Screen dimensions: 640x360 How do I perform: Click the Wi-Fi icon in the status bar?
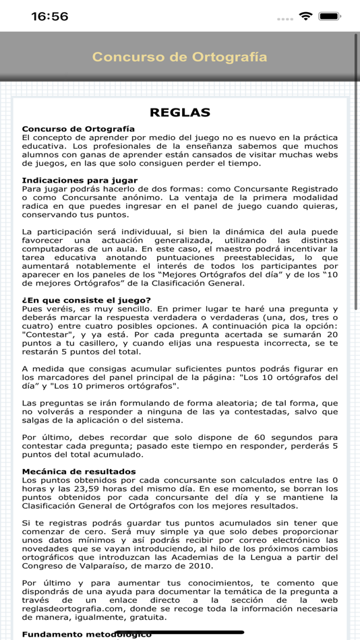click(306, 16)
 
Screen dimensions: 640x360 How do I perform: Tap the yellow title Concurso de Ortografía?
click(179, 57)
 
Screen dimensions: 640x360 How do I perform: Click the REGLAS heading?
click(179, 113)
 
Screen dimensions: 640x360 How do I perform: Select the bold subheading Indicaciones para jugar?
click(80, 180)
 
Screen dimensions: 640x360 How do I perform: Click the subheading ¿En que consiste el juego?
click(86, 300)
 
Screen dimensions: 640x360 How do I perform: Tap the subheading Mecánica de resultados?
click(79, 471)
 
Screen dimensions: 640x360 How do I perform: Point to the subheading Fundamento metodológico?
click(86, 634)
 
